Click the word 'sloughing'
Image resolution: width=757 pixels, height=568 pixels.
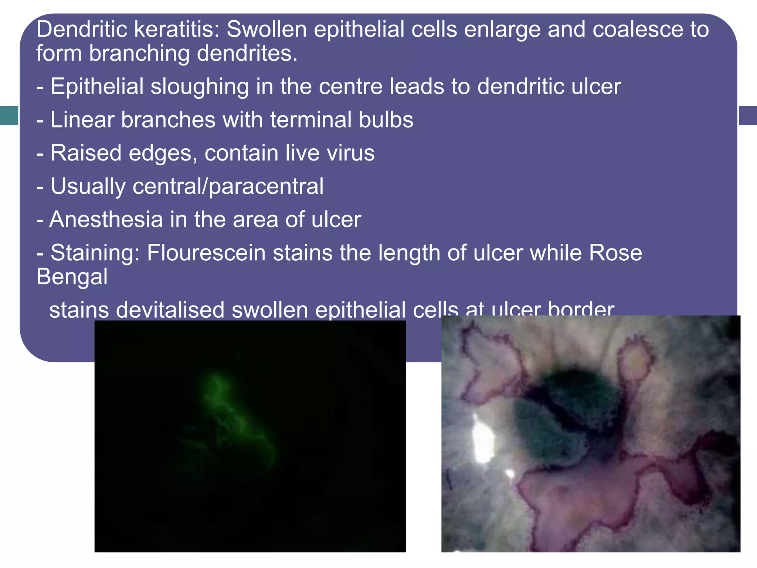[x=200, y=87]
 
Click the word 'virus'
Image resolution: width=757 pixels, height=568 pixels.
[x=350, y=153]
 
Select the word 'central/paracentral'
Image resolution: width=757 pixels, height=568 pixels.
[x=228, y=186]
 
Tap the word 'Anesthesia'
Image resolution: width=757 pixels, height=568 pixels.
[x=106, y=220]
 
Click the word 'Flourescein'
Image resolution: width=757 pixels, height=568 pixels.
[x=206, y=253]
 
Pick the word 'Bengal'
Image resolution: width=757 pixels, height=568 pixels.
[x=72, y=277]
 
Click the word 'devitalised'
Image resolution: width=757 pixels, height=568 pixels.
[x=170, y=310]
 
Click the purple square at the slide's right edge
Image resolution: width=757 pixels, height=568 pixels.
[x=747, y=115]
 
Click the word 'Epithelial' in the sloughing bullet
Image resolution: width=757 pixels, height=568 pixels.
[x=97, y=87]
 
